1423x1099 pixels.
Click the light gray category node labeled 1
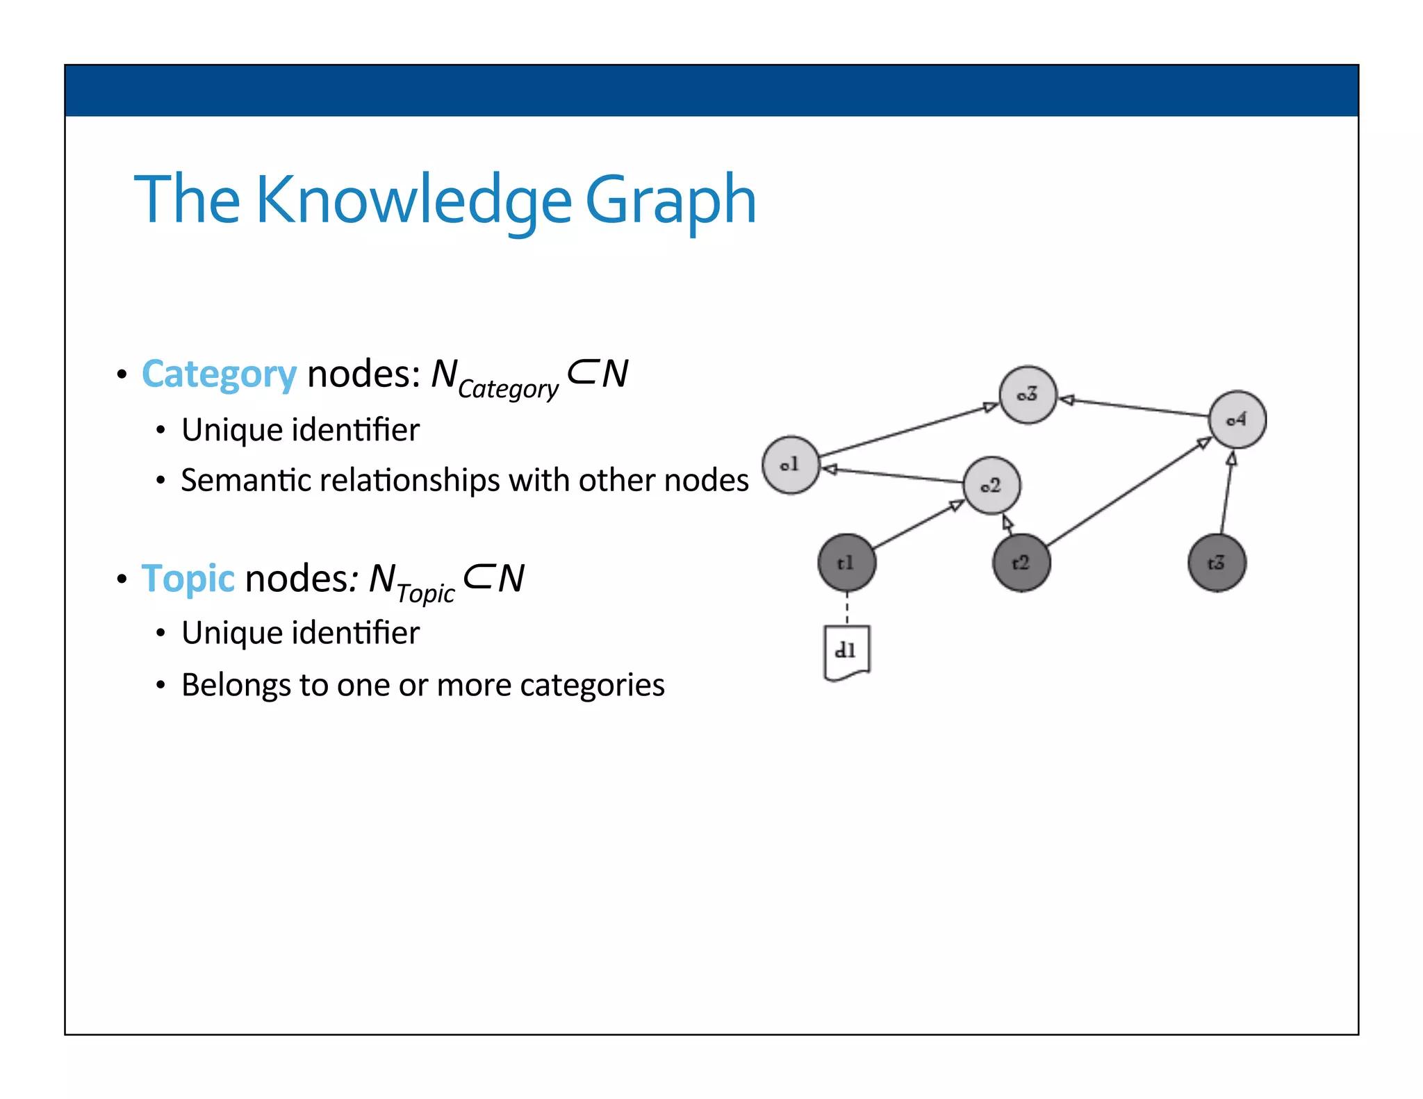point(790,465)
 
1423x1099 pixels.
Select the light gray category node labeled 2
point(992,486)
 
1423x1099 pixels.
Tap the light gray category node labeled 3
point(1028,395)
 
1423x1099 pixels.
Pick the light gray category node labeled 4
point(1237,420)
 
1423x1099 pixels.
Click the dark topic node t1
point(846,563)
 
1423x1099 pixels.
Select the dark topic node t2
point(1021,563)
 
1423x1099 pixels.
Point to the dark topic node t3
point(1217,563)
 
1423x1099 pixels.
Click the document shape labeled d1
point(846,652)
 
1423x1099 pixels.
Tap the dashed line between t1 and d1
point(847,609)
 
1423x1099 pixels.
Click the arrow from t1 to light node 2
point(917,524)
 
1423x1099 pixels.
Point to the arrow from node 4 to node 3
point(1136,408)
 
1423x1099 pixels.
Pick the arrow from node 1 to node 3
point(907,431)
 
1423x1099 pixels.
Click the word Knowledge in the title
point(414,201)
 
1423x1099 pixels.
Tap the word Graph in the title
point(671,201)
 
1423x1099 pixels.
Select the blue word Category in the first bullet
point(219,375)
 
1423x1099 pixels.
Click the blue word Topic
point(188,579)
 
